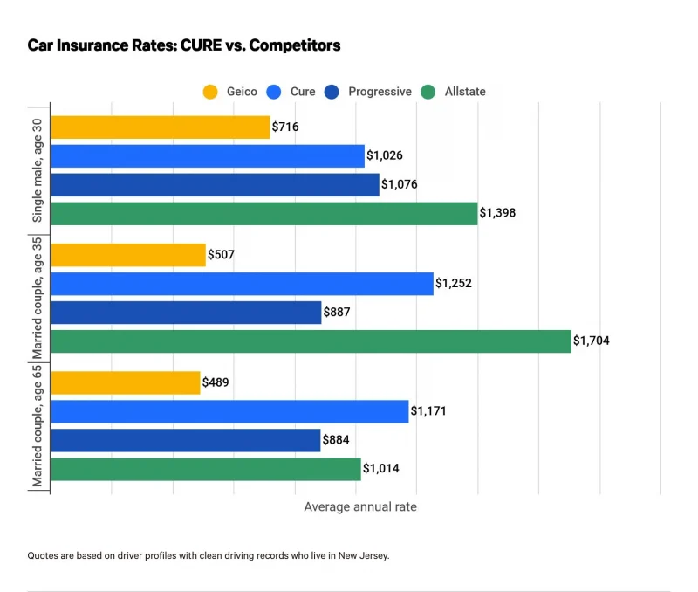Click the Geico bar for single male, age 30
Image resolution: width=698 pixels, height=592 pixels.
point(161,127)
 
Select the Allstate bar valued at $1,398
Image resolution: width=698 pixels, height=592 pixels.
point(264,214)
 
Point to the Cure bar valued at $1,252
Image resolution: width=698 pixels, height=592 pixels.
point(243,284)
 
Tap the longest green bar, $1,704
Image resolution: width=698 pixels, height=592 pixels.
point(311,341)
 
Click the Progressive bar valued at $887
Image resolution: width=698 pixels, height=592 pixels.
point(187,313)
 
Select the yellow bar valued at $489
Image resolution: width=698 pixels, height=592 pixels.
point(126,382)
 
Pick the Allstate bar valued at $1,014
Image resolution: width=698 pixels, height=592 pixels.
point(206,469)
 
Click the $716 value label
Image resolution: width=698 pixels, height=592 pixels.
point(285,127)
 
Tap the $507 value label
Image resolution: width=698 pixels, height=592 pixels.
point(221,255)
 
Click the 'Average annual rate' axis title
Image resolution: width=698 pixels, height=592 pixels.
point(360,506)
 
